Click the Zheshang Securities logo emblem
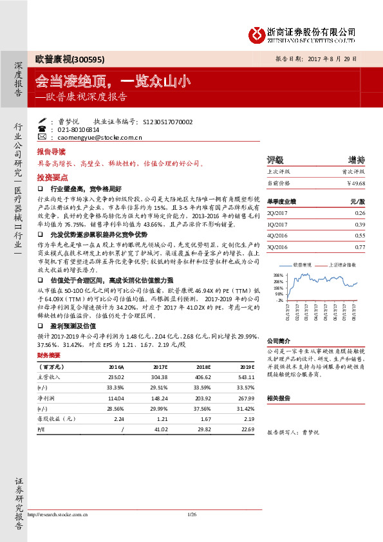(257, 32)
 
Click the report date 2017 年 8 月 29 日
(326, 58)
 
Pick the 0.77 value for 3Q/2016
(360, 247)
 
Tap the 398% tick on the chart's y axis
(278, 274)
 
